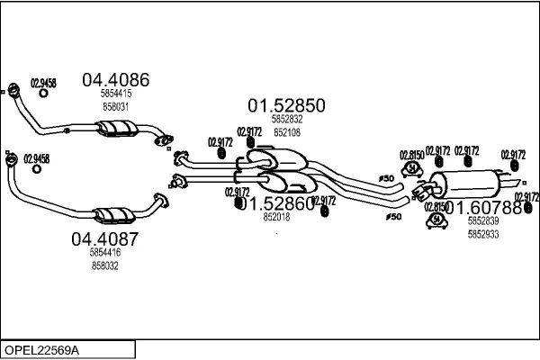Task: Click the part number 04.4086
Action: click(115, 79)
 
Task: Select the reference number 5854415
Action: click(115, 94)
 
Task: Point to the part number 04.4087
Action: click(104, 239)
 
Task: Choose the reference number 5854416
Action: click(104, 254)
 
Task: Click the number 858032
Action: click(104, 266)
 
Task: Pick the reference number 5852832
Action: click(287, 120)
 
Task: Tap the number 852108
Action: click(287, 131)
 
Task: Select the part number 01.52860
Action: click(276, 203)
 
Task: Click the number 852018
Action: click(276, 217)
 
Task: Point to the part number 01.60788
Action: click(483, 207)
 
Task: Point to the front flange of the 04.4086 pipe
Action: click(13, 90)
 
